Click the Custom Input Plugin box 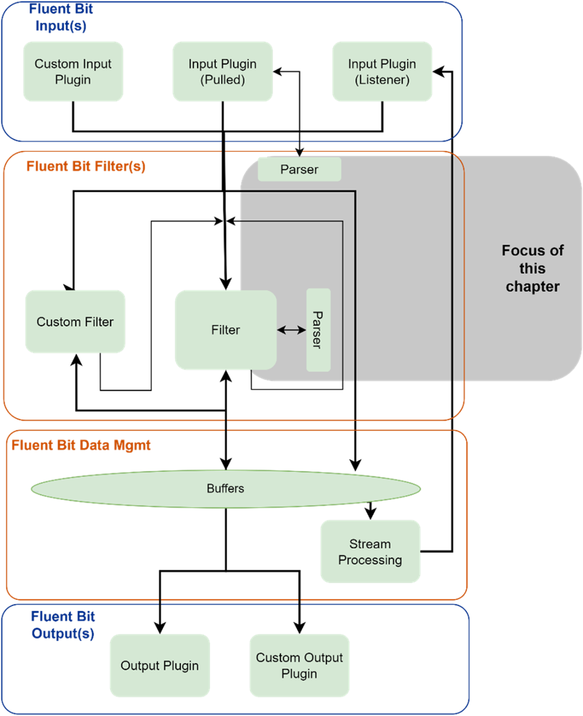coord(73,71)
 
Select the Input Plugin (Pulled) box coord(223,71)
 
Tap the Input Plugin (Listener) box coord(382,71)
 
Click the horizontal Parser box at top coord(299,169)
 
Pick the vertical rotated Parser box coord(318,329)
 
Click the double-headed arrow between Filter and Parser coord(291,330)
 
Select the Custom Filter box coord(75,321)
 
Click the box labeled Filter coord(225,329)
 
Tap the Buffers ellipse coord(225,488)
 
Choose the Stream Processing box coord(370,551)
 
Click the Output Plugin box coord(160,665)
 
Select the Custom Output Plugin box coord(299,665)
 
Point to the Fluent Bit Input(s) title coord(61,17)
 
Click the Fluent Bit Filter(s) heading coord(86,166)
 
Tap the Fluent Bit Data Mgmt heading coord(81,445)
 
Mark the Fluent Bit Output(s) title coord(63,624)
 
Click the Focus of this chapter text coord(532,268)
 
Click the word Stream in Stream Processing coord(370,544)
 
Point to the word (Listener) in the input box coord(382,80)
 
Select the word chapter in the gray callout coord(532,287)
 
